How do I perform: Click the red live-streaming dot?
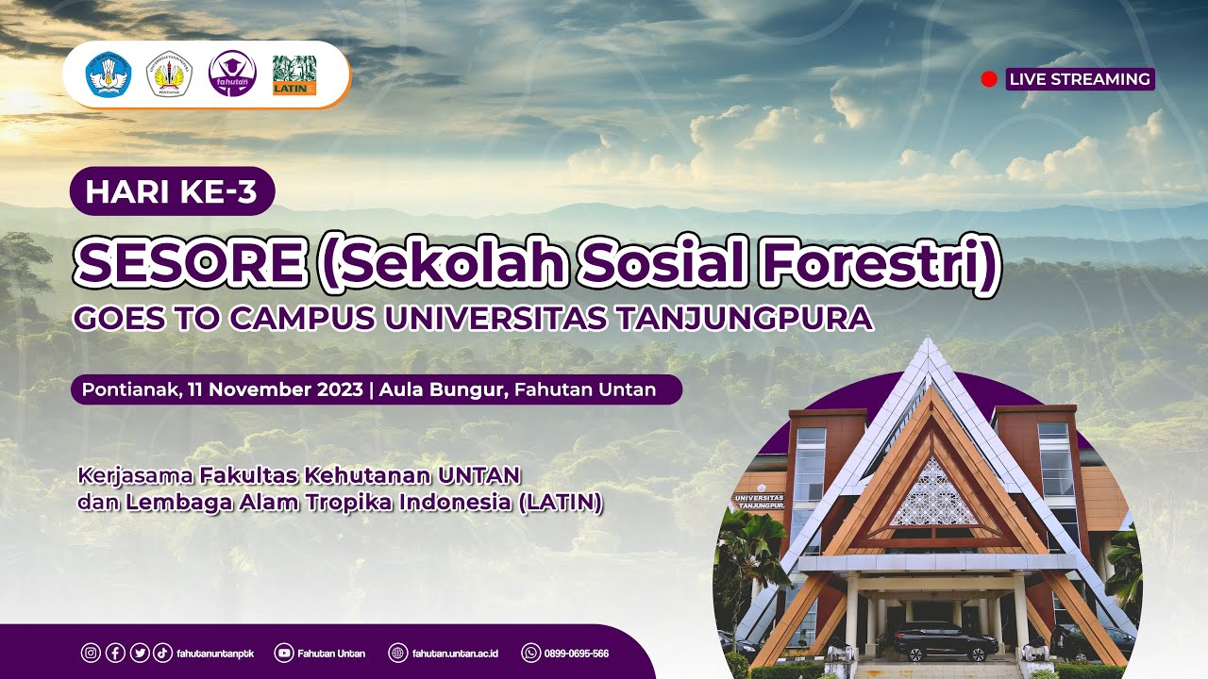(989, 79)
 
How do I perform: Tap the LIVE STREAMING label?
(1080, 79)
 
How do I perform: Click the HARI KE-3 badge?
(172, 191)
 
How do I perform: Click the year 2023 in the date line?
(336, 389)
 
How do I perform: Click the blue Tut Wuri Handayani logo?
(109, 75)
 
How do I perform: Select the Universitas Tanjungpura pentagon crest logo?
(171, 75)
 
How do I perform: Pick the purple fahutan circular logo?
(232, 74)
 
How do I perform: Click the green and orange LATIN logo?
(294, 75)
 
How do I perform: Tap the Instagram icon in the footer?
(92, 653)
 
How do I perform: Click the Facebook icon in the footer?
(115, 653)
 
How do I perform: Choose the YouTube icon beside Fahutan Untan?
(283, 653)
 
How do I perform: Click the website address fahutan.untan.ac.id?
(455, 653)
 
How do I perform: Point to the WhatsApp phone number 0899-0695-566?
(576, 653)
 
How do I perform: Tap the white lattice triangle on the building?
(934, 493)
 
